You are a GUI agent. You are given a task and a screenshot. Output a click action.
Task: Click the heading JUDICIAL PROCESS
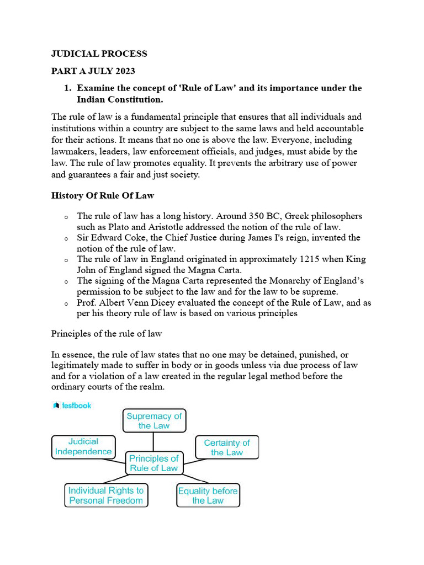[x=99, y=54]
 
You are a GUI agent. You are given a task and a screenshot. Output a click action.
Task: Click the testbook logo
[x=72, y=406]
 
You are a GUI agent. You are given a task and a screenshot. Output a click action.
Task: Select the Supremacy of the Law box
[x=154, y=420]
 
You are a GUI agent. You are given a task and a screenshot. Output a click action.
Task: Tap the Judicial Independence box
[x=83, y=446]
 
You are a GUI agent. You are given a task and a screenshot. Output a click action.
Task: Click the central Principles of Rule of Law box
[x=153, y=463]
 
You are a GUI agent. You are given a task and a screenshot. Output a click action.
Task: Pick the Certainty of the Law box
[x=226, y=447]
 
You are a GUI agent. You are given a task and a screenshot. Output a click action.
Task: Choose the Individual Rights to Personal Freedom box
[x=105, y=495]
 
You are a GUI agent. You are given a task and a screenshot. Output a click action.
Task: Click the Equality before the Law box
[x=208, y=495]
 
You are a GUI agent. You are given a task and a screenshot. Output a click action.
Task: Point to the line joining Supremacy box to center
[x=153, y=441]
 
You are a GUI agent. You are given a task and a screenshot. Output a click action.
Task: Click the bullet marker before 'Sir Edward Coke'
[x=66, y=239]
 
